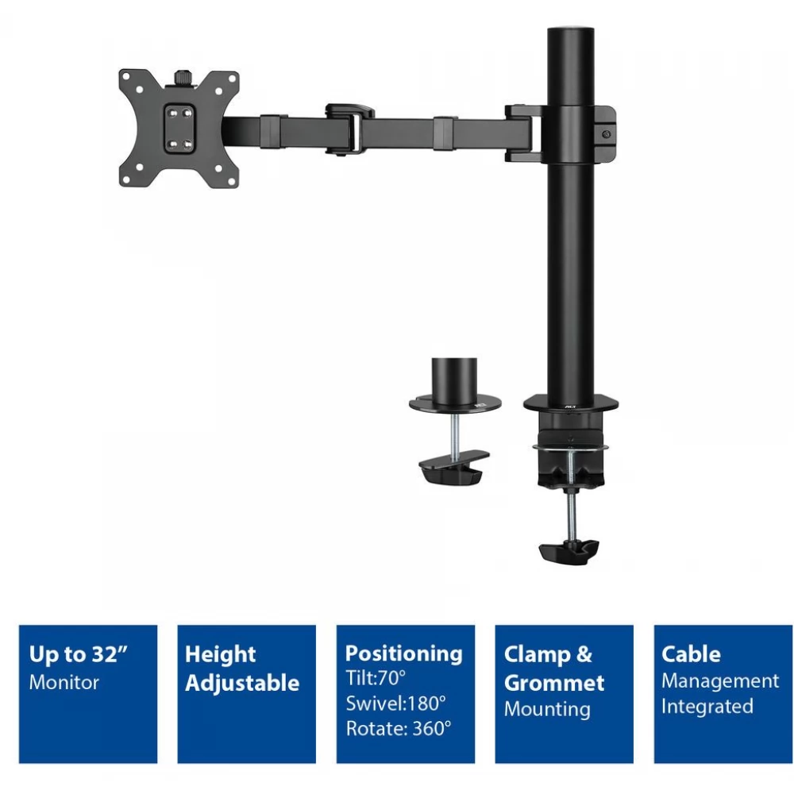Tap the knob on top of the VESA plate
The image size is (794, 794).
coord(181,78)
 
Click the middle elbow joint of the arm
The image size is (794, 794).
coord(349,129)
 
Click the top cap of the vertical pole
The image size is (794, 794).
coord(571,32)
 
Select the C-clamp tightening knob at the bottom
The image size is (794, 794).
coord(569,552)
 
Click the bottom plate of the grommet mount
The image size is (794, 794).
coord(453,467)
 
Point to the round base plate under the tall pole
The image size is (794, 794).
coord(571,404)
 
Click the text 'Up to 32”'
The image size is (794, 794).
coord(79,653)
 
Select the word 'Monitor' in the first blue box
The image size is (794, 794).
coord(64,682)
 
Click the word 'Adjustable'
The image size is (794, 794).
coord(242,683)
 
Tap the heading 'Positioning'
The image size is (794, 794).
coord(403,653)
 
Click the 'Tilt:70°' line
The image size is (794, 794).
coord(376,677)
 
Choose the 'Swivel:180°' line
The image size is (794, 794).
coord(396,703)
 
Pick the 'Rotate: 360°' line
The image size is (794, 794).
coord(399,728)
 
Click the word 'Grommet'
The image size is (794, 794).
coord(554,683)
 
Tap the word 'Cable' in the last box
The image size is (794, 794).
coord(691,653)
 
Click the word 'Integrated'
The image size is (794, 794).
coord(707,707)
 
